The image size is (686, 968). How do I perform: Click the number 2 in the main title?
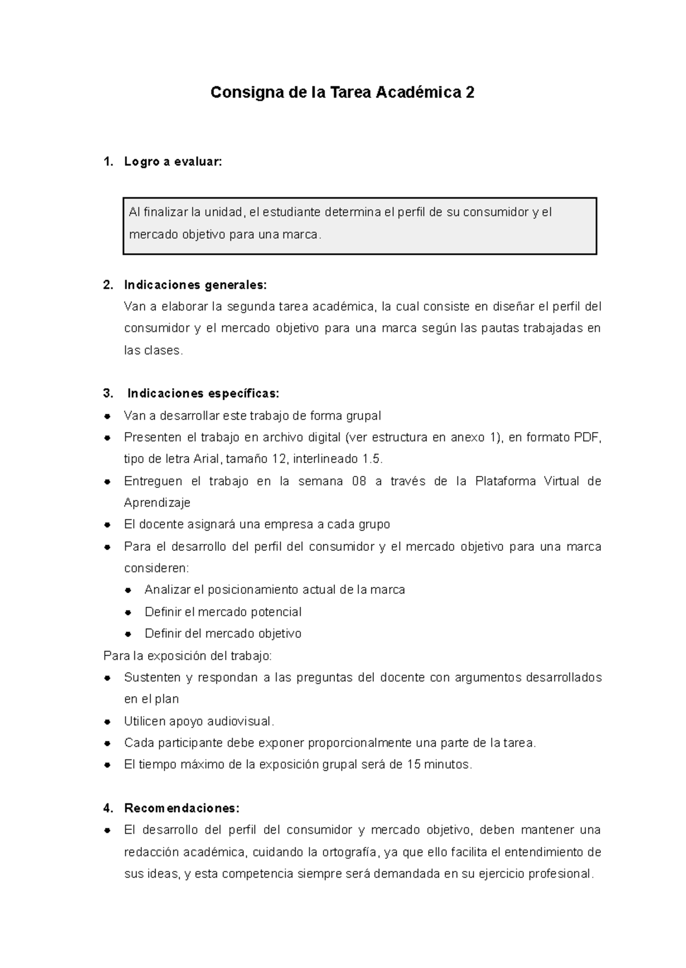point(470,93)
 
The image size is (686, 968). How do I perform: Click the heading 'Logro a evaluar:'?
point(172,162)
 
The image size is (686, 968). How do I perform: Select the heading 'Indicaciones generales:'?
point(195,285)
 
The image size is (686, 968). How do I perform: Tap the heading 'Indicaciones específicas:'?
point(203,394)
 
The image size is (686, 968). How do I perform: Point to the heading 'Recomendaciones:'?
point(182,808)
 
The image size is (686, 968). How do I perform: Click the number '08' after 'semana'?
point(359,481)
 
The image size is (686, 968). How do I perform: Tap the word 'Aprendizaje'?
point(157,503)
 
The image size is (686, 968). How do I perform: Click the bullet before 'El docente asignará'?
point(107,525)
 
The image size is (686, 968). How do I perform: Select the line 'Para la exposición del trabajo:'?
point(188,656)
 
